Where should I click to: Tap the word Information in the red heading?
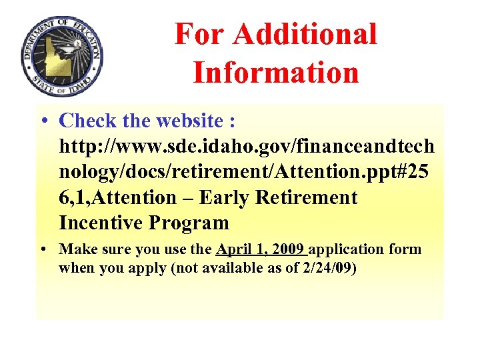tap(276, 72)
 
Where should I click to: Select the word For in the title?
tap(199, 34)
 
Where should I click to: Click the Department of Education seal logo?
tap(62, 57)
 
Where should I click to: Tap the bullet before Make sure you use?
tap(43, 249)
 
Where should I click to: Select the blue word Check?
tap(89, 121)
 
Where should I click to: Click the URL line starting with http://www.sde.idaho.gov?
tap(247, 146)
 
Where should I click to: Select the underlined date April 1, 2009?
tap(261, 249)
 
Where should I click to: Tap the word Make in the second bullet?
tap(74, 249)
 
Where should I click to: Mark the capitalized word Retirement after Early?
tap(312, 197)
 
